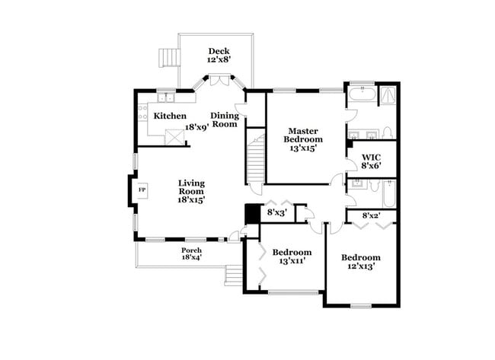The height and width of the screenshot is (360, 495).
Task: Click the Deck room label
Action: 219,51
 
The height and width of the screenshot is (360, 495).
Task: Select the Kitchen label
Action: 169,116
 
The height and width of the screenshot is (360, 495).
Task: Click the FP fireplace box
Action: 142,189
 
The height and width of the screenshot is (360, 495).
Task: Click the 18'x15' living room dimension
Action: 191,199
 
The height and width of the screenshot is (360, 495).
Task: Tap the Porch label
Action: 191,250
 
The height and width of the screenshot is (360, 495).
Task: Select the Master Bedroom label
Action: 302,134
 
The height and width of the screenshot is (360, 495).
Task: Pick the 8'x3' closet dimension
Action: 276,212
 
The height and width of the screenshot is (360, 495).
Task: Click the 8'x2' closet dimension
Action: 371,216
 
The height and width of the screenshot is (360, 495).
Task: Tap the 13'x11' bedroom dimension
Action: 292,261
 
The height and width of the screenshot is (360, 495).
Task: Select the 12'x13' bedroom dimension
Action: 360,266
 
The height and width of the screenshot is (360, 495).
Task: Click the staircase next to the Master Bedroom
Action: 255,158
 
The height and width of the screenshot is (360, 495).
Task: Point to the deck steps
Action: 168,58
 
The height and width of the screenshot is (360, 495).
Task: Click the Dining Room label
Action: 225,119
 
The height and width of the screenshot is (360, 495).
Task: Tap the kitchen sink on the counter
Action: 165,97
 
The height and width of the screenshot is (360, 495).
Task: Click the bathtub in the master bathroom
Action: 361,97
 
